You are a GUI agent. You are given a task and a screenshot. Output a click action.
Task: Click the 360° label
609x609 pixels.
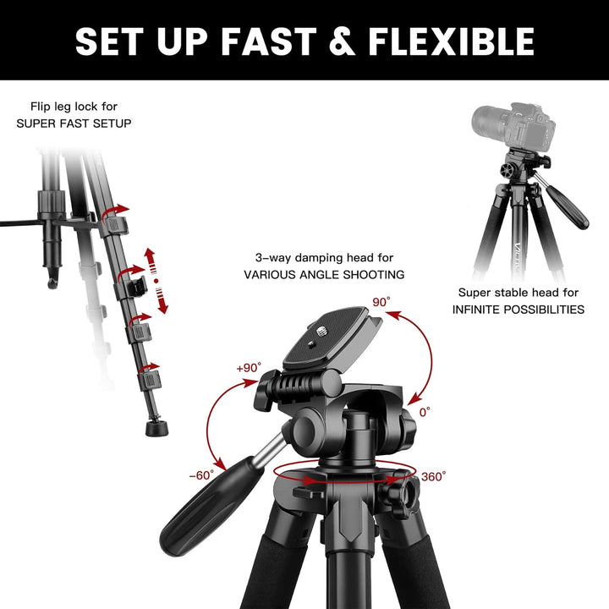[433, 477]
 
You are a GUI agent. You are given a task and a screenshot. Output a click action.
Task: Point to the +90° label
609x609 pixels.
[249, 368]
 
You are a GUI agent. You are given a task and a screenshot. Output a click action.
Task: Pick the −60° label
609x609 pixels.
[201, 475]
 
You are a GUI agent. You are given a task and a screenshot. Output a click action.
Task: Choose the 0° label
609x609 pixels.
[425, 412]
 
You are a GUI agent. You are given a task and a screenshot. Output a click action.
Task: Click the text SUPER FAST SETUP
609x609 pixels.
[74, 123]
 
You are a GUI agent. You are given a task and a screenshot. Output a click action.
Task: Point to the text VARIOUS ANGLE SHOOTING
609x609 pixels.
[324, 274]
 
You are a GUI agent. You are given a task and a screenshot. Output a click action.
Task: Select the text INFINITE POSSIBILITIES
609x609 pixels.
[518, 310]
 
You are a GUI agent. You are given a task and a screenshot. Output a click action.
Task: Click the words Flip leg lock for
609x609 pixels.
[74, 107]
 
